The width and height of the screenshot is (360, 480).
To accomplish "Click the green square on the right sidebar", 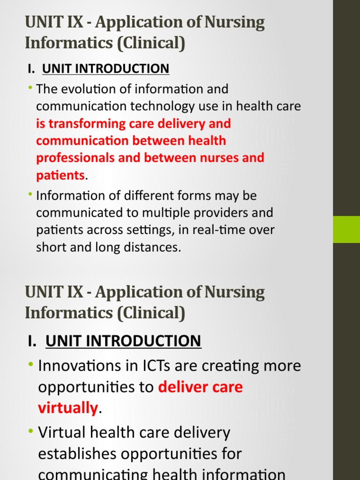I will click(346, 229).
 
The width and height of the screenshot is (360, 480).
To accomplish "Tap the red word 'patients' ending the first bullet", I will click(60, 175).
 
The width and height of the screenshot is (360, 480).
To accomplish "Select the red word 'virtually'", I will click(68, 408).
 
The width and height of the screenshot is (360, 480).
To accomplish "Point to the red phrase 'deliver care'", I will click(201, 387).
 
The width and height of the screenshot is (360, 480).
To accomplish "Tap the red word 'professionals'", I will click(75, 158).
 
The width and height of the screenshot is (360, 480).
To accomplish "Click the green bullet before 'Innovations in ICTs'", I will click(31, 364).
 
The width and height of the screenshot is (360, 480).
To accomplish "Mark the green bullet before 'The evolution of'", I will click(30, 88).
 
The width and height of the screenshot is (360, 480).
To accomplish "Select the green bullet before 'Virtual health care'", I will click(31, 431).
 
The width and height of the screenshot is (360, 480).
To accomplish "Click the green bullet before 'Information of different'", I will click(30, 194).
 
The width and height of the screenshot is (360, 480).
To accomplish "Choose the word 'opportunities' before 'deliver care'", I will click(96, 387).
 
